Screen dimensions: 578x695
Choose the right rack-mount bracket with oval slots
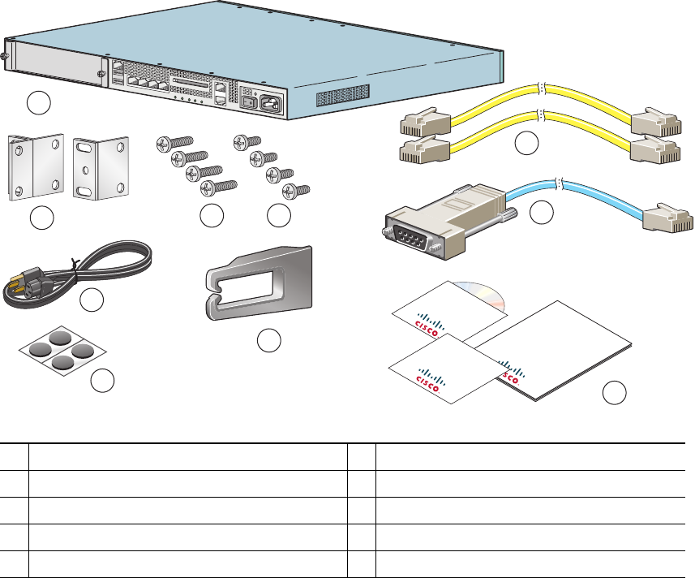coord(101,168)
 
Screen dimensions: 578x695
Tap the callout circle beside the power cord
coord(92,300)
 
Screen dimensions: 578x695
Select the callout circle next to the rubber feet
coord(101,380)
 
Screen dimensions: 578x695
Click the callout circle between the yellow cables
coord(527,143)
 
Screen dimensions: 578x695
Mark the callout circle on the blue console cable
coord(541,212)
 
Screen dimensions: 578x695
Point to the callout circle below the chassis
coord(38,102)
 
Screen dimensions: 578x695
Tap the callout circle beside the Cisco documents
coord(616,394)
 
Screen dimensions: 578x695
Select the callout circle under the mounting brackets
coord(41,218)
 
